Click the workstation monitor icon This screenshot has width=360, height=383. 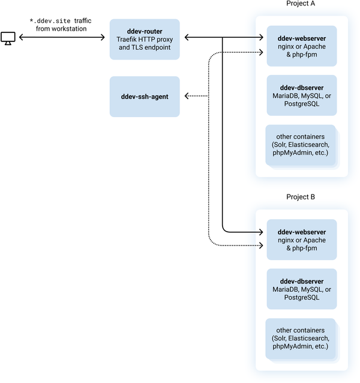click(8, 38)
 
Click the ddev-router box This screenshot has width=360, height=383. click(145, 38)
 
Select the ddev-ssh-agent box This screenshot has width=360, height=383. click(145, 96)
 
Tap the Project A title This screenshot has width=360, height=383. click(301, 4)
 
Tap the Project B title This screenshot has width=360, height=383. click(301, 197)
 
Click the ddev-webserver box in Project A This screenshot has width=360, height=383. click(302, 46)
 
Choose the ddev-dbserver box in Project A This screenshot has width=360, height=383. click(302, 95)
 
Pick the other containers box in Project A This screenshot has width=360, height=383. click(301, 145)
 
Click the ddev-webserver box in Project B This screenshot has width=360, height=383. click(302, 240)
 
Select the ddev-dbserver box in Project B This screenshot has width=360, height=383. click(302, 289)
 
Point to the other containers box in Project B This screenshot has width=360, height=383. click(301, 339)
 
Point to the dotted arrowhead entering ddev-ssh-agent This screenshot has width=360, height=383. click(187, 96)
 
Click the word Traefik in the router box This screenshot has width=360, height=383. click(128, 38)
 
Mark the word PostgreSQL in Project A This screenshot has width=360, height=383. click(302, 104)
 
